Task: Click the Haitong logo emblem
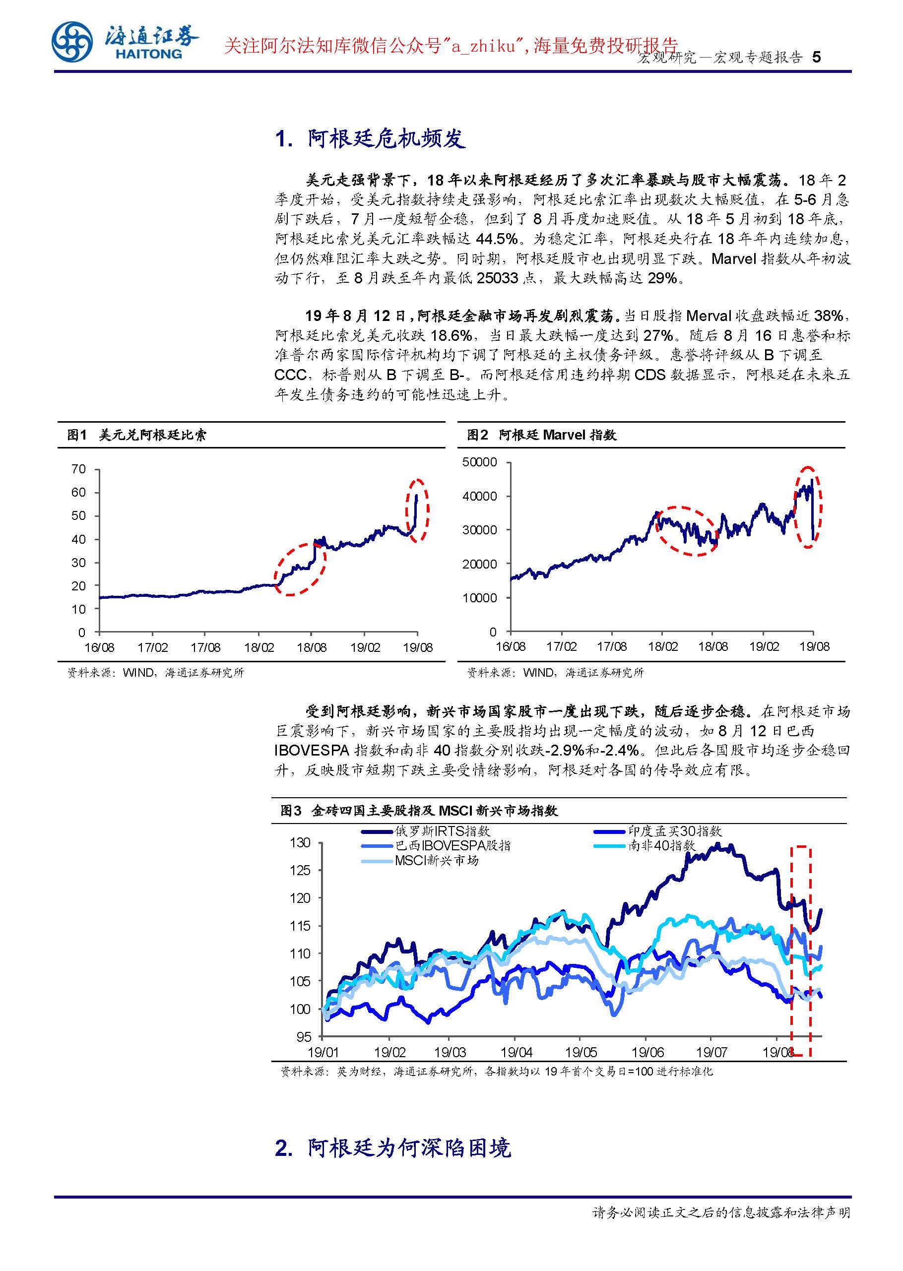(x=72, y=42)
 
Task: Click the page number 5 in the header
(x=816, y=57)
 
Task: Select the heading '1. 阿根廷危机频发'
(x=370, y=138)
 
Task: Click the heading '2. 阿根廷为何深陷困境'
(x=392, y=1147)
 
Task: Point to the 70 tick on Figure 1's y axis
(x=78, y=469)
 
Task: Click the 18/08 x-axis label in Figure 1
(x=312, y=647)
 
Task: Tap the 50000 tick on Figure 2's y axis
(x=479, y=462)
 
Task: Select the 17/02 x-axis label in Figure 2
(x=561, y=646)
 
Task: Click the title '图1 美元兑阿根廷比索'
(x=137, y=435)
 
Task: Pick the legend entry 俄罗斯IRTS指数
(x=442, y=830)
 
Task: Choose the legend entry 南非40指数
(x=662, y=845)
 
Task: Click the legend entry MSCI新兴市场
(x=437, y=860)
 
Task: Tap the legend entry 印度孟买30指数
(x=675, y=830)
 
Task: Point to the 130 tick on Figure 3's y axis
(x=300, y=843)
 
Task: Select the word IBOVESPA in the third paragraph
(x=312, y=750)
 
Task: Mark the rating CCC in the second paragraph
(x=290, y=374)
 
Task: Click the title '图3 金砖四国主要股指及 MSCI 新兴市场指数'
(x=419, y=811)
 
